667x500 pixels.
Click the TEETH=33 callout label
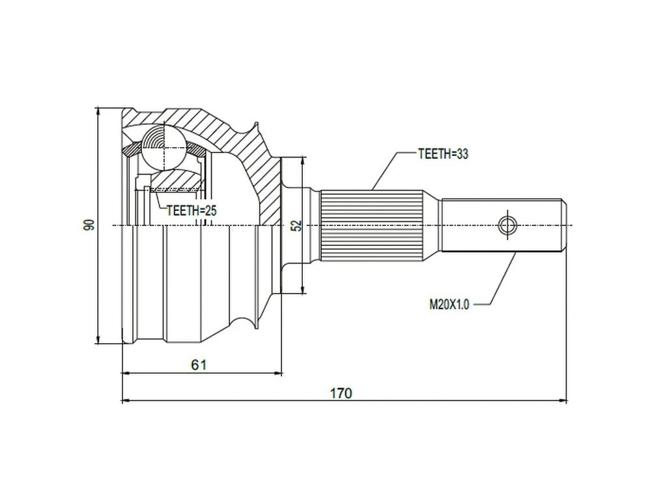pyautogui.click(x=443, y=154)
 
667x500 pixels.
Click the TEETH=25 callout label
pyautogui.click(x=191, y=210)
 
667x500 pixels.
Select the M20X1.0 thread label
pyautogui.click(x=449, y=303)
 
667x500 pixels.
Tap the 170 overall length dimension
pyautogui.click(x=341, y=393)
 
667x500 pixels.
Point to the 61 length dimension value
pyautogui.click(x=199, y=365)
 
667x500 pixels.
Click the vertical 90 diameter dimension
pyautogui.click(x=89, y=225)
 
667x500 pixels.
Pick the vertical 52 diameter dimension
pyautogui.click(x=296, y=225)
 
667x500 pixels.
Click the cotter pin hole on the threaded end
pyautogui.click(x=507, y=225)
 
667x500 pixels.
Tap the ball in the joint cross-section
pyautogui.click(x=165, y=146)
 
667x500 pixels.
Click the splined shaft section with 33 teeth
pyautogui.click(x=371, y=225)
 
